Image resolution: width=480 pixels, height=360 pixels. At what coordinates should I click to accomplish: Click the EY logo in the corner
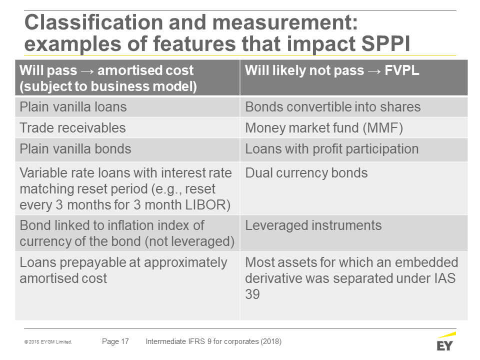coord(446,341)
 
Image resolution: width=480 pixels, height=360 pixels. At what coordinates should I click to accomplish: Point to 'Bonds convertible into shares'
coord(333,107)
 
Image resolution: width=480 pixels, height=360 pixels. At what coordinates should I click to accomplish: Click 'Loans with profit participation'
coord(332,149)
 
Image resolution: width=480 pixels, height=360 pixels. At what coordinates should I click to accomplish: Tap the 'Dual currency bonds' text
coord(306,173)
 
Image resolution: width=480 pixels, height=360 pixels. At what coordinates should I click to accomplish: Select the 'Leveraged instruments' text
coord(313,225)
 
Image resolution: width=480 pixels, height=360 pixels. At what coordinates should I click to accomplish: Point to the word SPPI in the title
coord(385,43)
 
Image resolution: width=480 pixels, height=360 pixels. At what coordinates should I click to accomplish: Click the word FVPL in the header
coord(401,70)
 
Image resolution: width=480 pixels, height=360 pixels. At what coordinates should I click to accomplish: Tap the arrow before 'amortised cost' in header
coord(87,71)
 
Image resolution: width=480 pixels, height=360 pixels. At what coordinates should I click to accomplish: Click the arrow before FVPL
coord(374,71)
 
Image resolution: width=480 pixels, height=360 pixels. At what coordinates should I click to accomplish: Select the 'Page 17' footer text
coord(115,341)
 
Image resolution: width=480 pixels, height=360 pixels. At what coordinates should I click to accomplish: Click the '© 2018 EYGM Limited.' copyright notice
coord(48,342)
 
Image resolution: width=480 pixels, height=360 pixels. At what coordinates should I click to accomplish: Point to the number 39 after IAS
coord(252,294)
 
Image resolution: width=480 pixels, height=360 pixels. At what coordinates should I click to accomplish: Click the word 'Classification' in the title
coord(93,22)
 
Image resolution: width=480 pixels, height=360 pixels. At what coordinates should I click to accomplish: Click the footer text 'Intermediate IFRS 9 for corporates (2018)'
coord(213,341)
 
